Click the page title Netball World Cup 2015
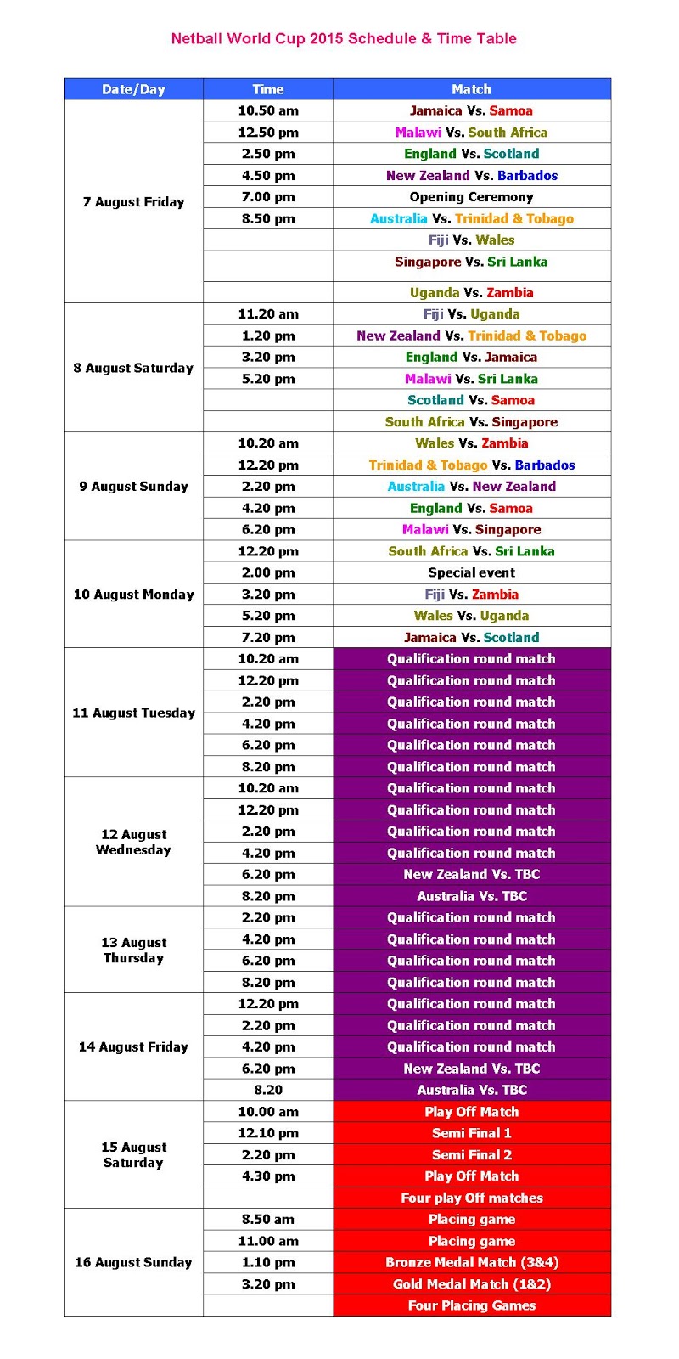tap(344, 38)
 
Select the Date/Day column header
tap(133, 89)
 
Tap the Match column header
tap(471, 89)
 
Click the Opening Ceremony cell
tap(471, 197)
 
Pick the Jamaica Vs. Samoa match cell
tap(471, 110)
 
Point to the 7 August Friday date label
tap(133, 202)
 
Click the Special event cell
tap(471, 572)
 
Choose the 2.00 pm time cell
tap(268, 572)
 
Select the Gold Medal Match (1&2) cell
tap(471, 1284)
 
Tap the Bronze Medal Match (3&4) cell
tap(471, 1263)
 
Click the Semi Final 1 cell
tap(471, 1133)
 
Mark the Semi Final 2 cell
tap(471, 1155)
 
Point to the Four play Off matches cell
tap(471, 1198)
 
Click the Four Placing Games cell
tap(471, 1305)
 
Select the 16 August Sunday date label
tap(133, 1263)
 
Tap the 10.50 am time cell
tap(268, 110)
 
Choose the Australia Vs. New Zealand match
tap(471, 487)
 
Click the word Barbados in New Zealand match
tap(527, 176)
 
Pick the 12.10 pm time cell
tap(268, 1133)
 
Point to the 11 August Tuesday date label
tap(133, 713)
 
